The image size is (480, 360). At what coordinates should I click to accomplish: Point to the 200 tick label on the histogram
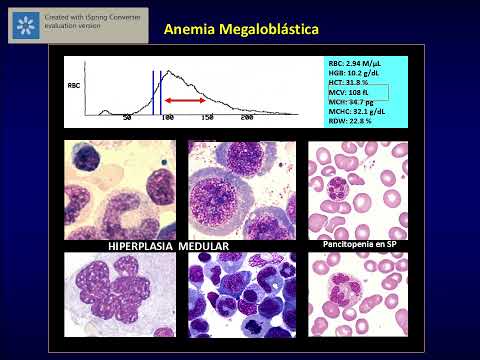coord(247,118)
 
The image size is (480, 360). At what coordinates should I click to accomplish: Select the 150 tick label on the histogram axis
coord(207,118)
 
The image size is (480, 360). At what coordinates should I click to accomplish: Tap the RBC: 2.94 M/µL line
coord(356,61)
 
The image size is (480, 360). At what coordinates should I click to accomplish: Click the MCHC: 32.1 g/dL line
coord(356,111)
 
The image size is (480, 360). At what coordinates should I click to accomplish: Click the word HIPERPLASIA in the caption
coord(142,246)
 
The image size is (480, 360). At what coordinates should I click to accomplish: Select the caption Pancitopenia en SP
coord(357,244)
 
